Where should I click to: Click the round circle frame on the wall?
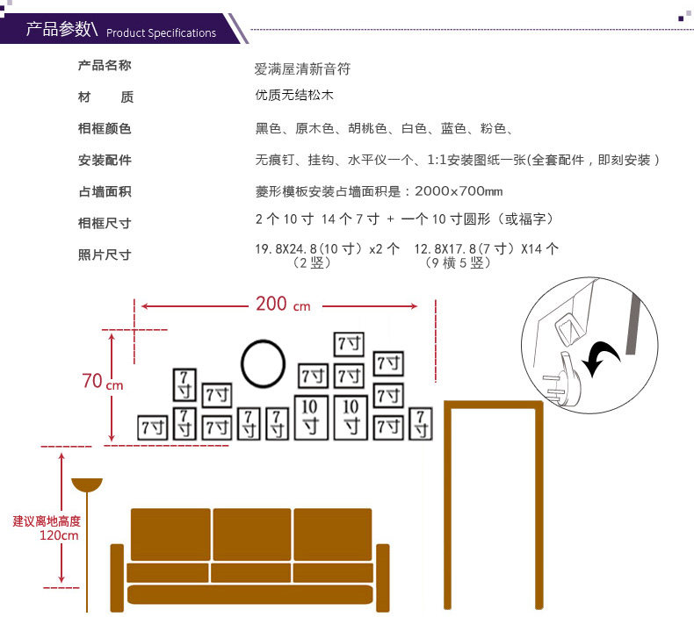(x=263, y=363)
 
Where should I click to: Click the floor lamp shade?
(x=87, y=484)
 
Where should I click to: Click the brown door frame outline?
(x=494, y=405)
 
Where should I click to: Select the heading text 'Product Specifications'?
(x=161, y=33)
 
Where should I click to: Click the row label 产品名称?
(x=105, y=66)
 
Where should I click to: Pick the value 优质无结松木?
(x=294, y=96)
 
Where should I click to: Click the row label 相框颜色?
(x=105, y=129)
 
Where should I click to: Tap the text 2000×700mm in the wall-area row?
(x=459, y=191)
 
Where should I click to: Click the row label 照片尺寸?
(x=105, y=255)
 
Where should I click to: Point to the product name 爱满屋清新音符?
(x=302, y=68)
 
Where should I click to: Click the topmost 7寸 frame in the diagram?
(x=349, y=343)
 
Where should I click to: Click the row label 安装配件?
(x=105, y=160)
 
